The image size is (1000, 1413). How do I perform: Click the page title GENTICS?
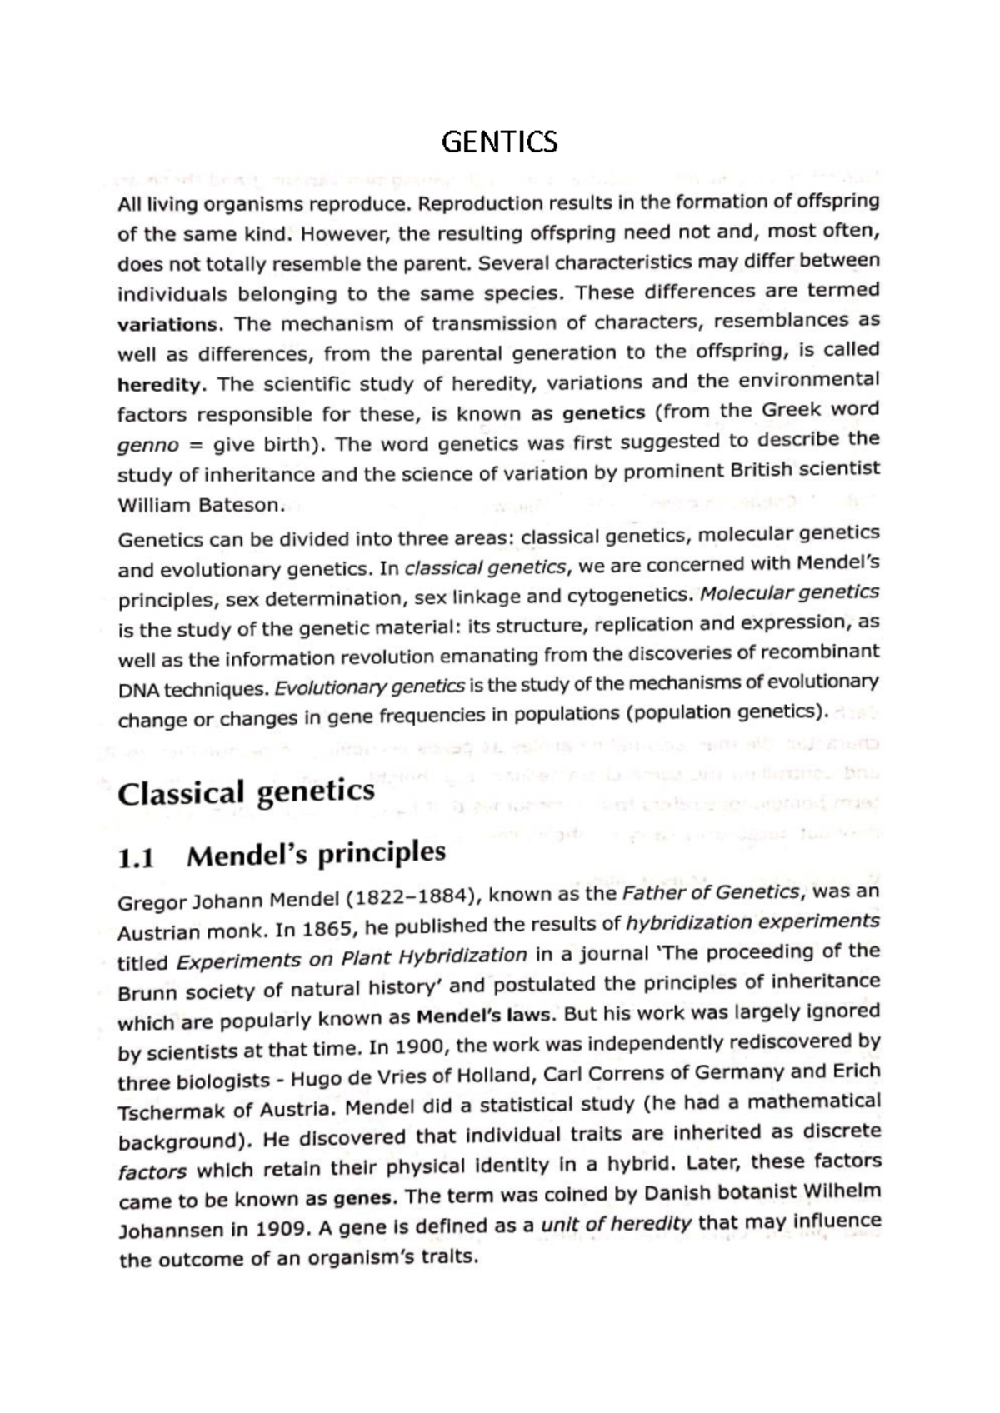(x=499, y=142)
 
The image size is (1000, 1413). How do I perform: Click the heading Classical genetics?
(x=246, y=792)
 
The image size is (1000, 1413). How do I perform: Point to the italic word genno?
(x=148, y=446)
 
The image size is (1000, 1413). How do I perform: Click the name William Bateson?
(x=201, y=505)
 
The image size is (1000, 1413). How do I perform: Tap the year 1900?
(x=422, y=1046)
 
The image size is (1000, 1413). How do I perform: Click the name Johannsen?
(x=172, y=1231)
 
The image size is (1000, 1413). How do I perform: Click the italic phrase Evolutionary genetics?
(x=369, y=688)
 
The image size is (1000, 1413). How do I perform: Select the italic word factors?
(x=152, y=1171)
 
